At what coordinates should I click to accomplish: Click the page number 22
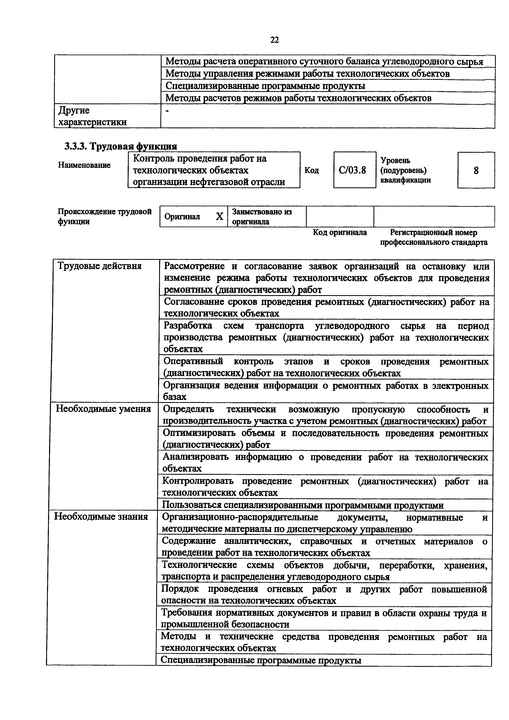tap(274, 40)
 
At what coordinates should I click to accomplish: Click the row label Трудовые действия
tap(100, 266)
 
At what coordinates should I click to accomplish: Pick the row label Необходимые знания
tap(101, 516)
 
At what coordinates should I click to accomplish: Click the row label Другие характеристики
tap(93, 116)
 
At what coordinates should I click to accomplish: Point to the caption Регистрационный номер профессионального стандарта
tap(434, 237)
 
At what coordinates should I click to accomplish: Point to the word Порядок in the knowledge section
tap(180, 589)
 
